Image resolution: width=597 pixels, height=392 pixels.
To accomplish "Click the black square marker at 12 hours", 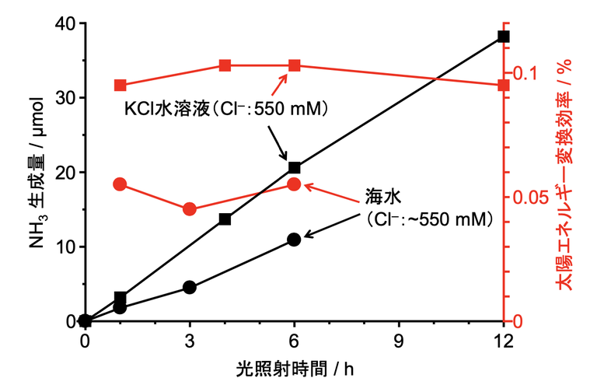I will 503,37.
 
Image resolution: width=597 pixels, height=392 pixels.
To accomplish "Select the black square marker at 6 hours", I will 294,167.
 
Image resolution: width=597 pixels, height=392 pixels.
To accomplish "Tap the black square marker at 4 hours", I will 225,219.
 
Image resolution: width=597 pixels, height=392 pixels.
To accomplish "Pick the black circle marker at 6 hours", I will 294,240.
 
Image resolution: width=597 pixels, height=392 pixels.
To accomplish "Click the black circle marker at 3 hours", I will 190,287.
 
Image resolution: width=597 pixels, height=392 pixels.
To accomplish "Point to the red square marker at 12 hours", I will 503,85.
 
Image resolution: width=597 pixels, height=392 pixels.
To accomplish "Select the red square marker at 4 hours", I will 225,65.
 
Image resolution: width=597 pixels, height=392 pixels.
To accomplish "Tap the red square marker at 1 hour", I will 120,85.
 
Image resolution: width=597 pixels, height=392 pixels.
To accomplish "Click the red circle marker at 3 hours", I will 190,209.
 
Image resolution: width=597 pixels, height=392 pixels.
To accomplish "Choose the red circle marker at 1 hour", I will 120,184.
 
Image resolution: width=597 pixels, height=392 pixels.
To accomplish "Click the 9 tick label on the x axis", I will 399,341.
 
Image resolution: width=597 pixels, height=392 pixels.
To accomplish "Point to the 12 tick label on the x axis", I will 503,341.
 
